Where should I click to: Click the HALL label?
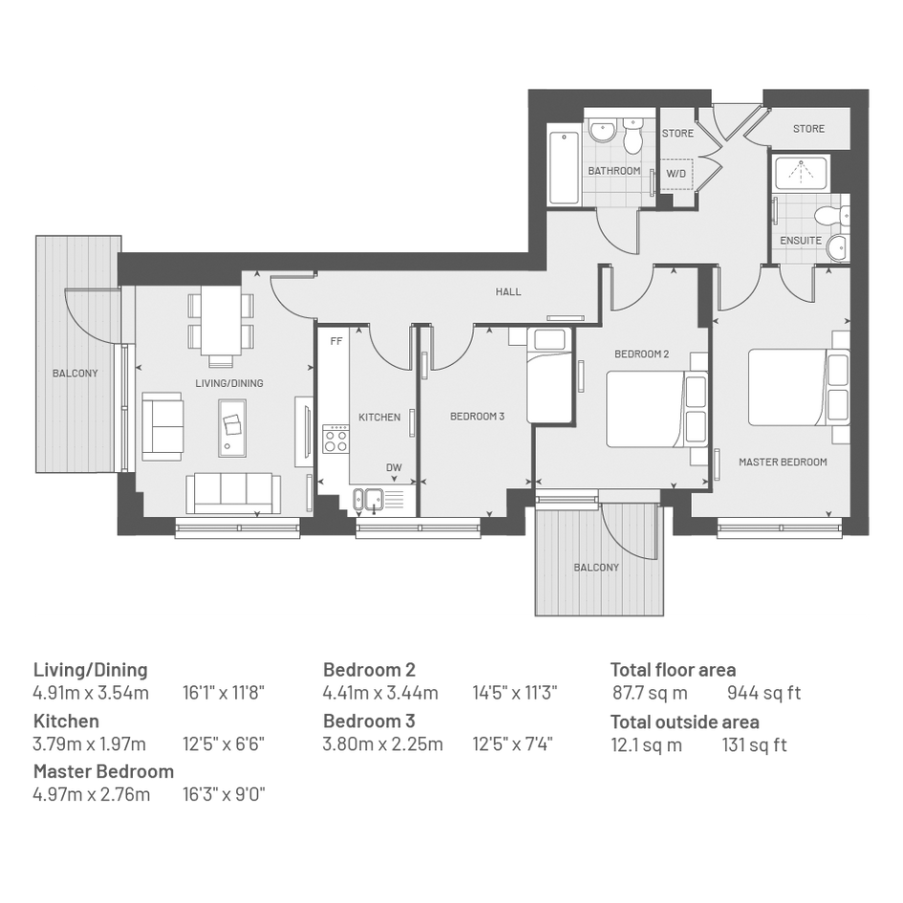[x=508, y=292]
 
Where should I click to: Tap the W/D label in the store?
[x=676, y=173]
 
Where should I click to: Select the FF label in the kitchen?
[x=336, y=341]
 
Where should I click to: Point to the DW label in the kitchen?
[x=394, y=467]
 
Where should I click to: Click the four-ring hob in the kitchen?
[x=335, y=439]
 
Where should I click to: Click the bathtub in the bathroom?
[x=565, y=167]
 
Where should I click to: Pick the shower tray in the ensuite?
[x=801, y=173]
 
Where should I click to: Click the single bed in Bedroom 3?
[x=550, y=376]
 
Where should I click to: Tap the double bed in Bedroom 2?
[x=657, y=409]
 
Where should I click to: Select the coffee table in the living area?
[x=232, y=427]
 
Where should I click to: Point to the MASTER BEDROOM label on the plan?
[x=783, y=462]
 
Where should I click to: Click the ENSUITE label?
[x=801, y=241]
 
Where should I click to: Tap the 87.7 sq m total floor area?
[x=650, y=693]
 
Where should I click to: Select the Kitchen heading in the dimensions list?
[x=66, y=721]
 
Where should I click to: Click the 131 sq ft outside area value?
[x=755, y=744]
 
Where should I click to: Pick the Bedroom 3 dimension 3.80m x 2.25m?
[x=383, y=744]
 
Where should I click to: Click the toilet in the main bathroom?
[x=633, y=136]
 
